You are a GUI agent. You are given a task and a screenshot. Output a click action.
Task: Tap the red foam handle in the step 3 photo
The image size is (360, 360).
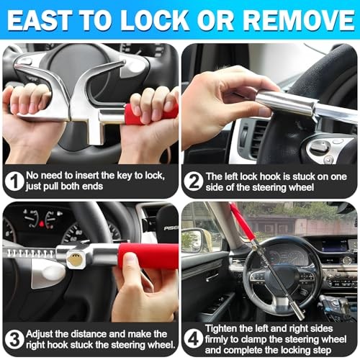[148, 256]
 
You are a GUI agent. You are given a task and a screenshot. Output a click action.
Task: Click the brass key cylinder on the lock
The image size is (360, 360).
[73, 258]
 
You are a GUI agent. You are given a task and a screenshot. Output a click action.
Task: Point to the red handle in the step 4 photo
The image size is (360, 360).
[241, 220]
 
